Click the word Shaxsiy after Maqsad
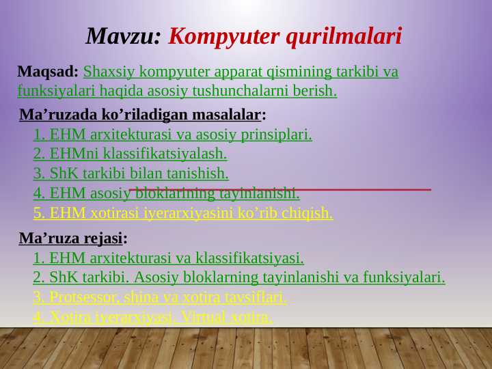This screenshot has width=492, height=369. coord(107,72)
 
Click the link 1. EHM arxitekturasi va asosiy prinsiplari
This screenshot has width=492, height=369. coord(172,135)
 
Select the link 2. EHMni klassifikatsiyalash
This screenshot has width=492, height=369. coord(130,154)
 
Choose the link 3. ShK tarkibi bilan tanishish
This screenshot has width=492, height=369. coord(131,174)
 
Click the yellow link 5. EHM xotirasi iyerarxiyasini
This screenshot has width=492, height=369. coord(182,213)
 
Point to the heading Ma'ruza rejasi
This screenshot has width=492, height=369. coord(72,238)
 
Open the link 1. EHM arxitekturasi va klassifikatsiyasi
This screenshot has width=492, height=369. coord(168,258)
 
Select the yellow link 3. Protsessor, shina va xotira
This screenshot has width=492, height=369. coord(159,297)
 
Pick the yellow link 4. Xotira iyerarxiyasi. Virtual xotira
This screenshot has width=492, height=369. coord(152,317)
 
